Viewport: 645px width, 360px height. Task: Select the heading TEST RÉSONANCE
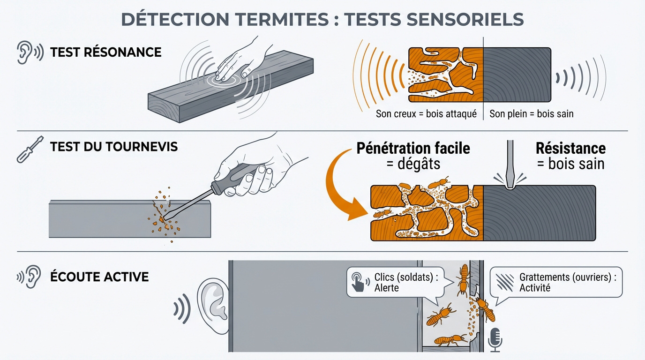(105, 52)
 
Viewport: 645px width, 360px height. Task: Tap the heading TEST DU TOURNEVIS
(114, 147)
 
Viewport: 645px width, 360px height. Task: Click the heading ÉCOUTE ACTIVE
(99, 277)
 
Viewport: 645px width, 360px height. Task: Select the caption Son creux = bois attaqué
(426, 114)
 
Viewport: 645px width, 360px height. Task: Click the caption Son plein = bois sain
(531, 114)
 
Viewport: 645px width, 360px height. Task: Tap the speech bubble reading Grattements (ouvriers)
(556, 282)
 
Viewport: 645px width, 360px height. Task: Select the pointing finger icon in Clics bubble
(359, 282)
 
